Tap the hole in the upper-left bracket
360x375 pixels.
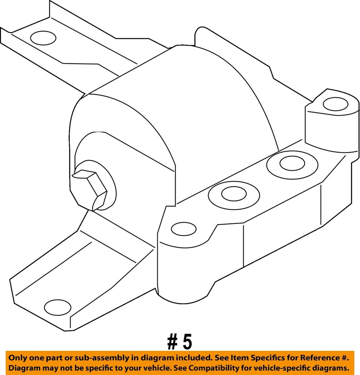click(43, 38)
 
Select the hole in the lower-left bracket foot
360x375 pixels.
click(58, 307)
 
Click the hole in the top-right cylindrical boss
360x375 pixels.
click(335, 104)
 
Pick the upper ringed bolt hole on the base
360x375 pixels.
click(292, 164)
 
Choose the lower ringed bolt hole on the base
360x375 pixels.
click(234, 194)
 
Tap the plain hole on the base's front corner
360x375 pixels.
click(184, 229)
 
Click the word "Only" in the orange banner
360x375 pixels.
click(18, 358)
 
